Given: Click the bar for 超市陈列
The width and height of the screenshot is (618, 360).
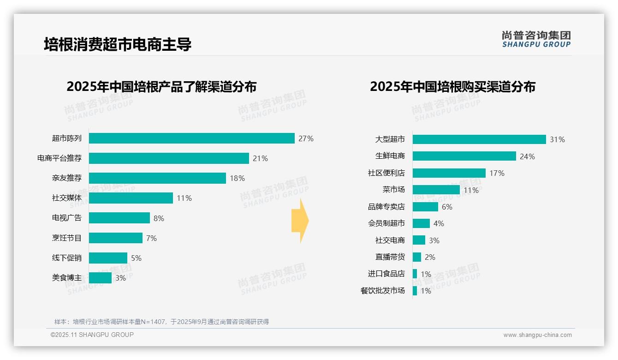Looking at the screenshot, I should point(191,138).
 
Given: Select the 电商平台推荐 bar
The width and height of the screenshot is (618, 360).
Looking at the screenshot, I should point(169,158).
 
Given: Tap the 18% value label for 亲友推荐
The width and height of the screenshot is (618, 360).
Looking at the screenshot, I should point(237,178).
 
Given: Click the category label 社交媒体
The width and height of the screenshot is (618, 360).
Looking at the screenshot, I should point(67,198).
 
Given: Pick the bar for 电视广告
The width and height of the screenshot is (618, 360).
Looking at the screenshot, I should point(119,218).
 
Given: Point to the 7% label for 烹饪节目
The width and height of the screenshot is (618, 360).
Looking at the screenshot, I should point(151,238).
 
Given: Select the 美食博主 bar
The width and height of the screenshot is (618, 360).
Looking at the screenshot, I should point(100,278).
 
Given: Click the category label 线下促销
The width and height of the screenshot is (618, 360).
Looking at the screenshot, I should point(67,258).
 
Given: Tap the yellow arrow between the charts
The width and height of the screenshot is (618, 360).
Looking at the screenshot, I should point(300,221).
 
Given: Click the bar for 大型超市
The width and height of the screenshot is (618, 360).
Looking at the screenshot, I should point(479,139).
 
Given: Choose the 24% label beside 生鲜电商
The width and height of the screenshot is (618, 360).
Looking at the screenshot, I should point(527,156).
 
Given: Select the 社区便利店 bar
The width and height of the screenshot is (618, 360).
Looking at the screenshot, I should point(449,173).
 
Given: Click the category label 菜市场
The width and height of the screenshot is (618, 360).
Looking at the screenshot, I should point(393,190).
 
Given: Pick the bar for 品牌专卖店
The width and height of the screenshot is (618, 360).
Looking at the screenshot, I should point(425,207).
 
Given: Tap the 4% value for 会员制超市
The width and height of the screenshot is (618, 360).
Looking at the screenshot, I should point(439,223).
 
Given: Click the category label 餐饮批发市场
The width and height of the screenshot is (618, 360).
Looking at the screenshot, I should point(382,291).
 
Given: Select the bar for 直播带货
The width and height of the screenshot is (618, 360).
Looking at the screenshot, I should point(416,257).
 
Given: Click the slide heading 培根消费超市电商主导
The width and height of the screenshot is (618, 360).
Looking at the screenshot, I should point(118,44).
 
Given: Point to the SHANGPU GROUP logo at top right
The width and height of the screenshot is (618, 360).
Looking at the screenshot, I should point(536,39).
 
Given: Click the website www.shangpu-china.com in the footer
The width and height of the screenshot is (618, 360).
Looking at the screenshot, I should point(537,335).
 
